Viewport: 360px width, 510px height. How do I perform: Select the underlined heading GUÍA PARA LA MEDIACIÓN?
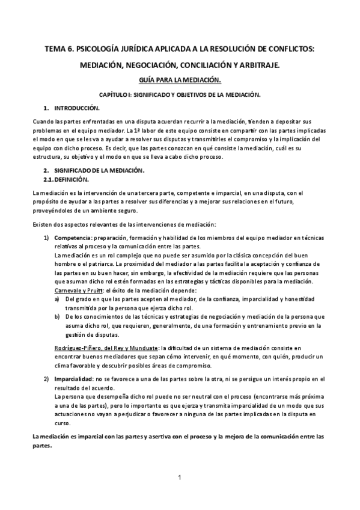(180, 80)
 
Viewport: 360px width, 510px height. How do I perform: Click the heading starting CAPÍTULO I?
(179, 95)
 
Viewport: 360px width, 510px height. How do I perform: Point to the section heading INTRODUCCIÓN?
(76, 108)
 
